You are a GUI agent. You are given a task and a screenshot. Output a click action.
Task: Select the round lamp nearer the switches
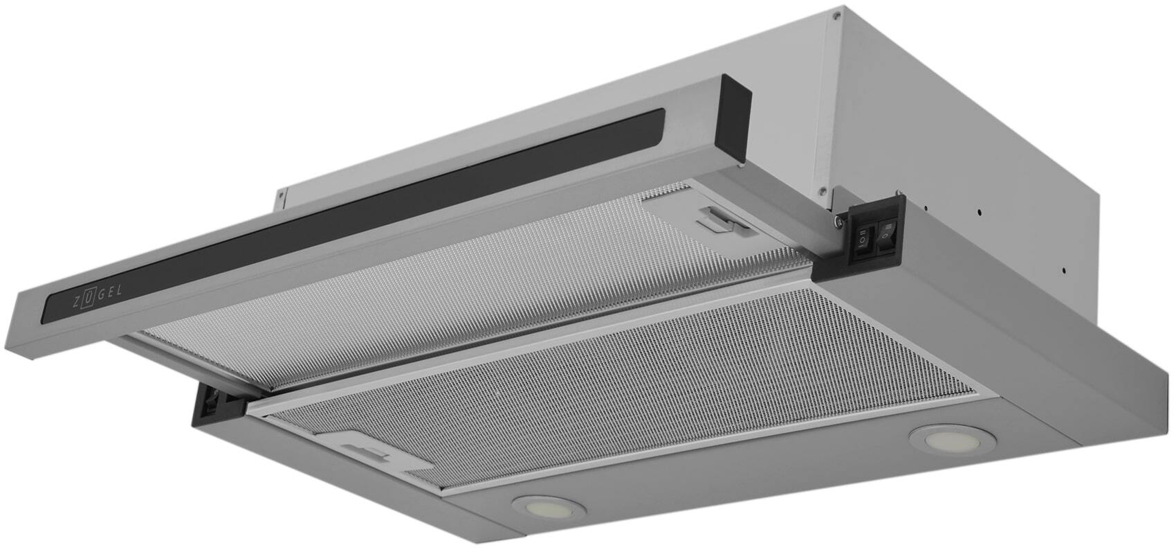coord(953,439)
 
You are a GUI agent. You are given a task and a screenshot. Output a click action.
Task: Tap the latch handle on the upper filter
coord(723,220)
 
